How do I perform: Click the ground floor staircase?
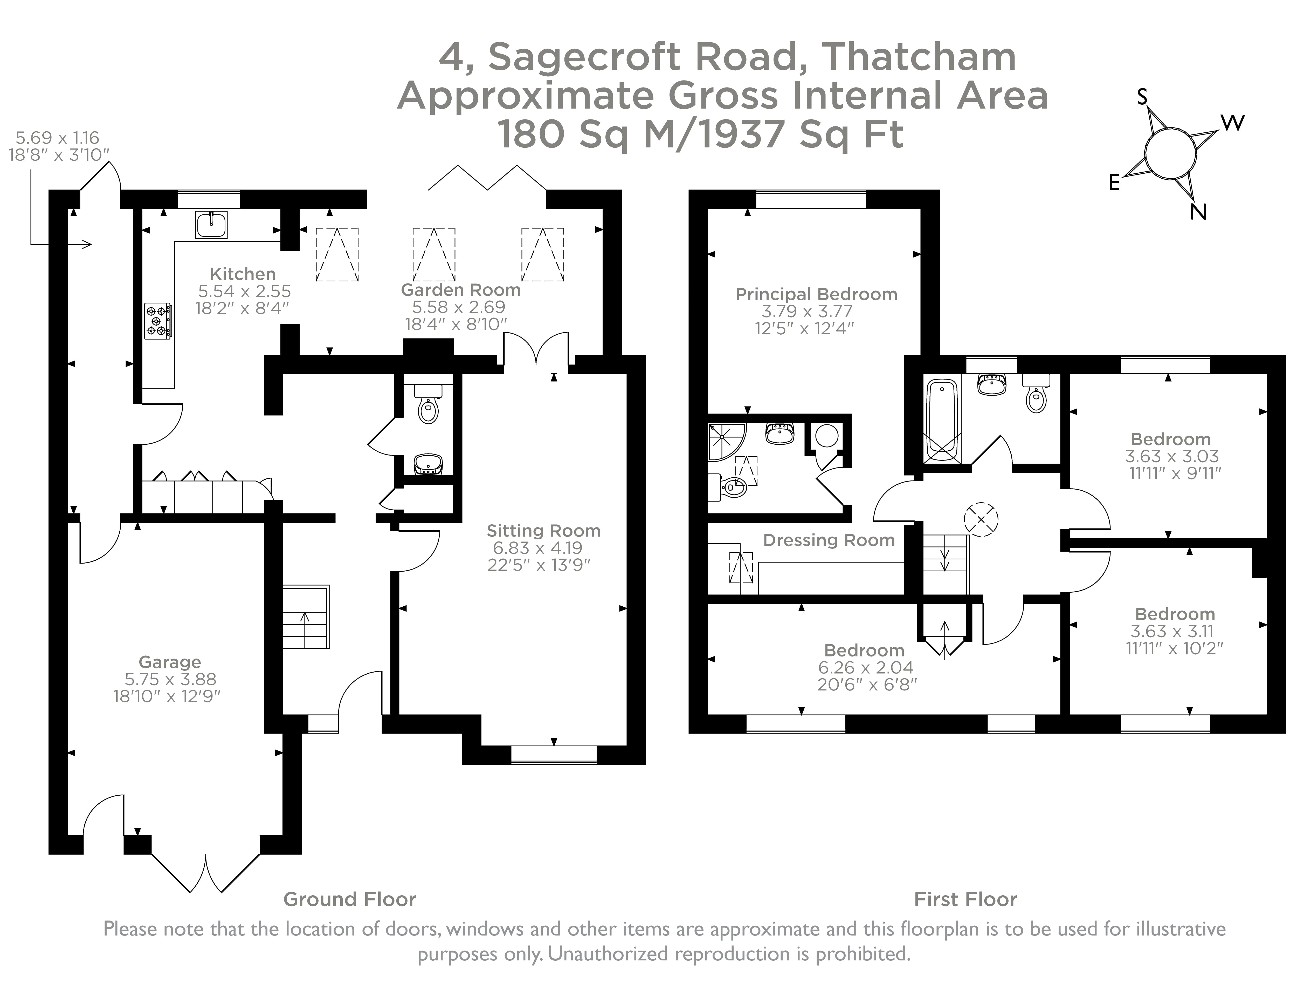point(306,617)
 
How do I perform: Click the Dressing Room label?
point(829,540)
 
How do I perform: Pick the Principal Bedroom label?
point(816,294)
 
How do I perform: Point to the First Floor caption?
point(965,899)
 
